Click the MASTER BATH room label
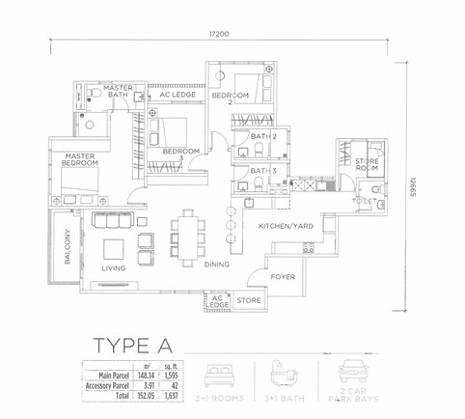(118, 91)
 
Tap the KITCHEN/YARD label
(287, 225)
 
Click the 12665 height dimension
(412, 190)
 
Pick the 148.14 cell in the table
(147, 373)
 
